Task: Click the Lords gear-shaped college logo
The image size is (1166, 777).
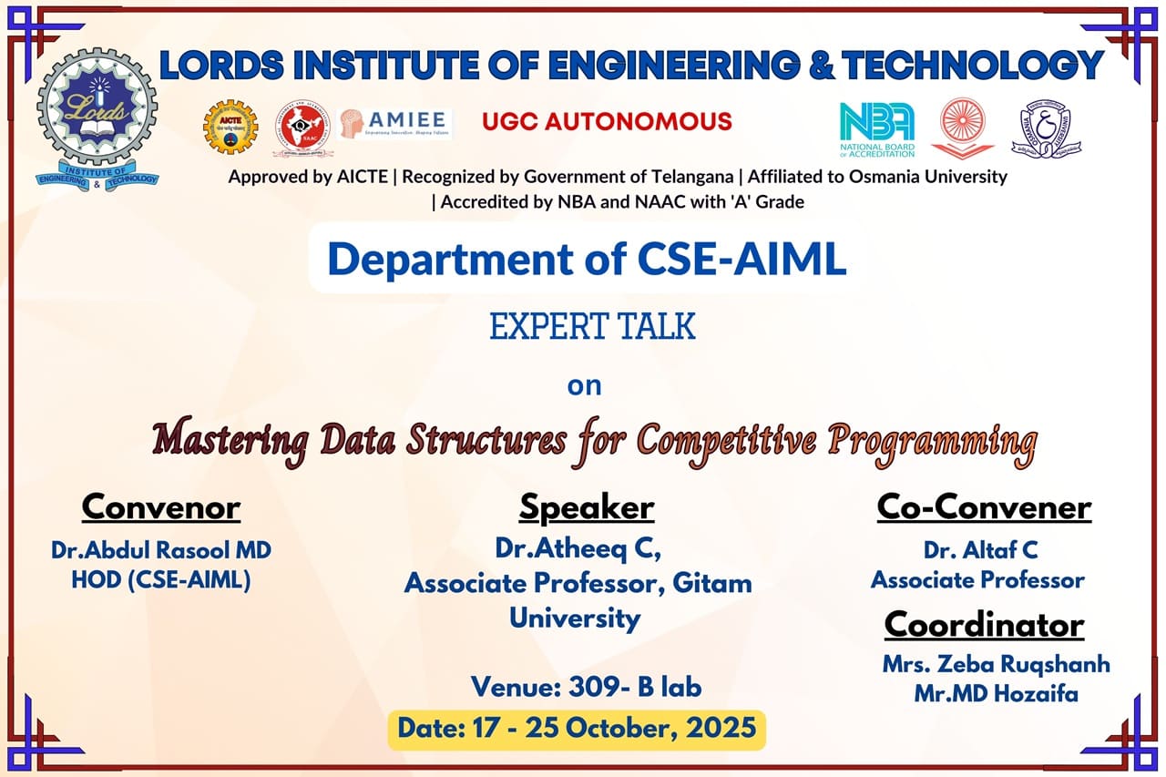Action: (x=97, y=118)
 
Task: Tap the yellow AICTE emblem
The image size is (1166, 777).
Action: (x=230, y=127)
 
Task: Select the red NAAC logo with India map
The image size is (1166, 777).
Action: (x=303, y=128)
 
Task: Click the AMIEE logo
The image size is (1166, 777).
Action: (x=394, y=124)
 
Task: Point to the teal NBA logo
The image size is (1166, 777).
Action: (x=877, y=129)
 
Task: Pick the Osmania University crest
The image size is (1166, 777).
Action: (x=1047, y=129)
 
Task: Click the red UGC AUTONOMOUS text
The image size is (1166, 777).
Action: (x=607, y=121)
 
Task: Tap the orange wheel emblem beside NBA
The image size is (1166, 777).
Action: (x=963, y=128)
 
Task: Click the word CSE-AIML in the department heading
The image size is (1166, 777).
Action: (x=742, y=259)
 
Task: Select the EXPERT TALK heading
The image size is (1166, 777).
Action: (x=592, y=326)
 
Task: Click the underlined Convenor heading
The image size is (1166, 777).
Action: (x=161, y=506)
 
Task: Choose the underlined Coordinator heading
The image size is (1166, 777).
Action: (x=984, y=625)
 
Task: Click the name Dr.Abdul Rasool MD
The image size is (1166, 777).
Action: (x=161, y=550)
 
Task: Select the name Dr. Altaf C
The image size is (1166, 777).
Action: (x=981, y=550)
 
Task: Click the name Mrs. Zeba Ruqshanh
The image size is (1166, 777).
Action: (x=996, y=665)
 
